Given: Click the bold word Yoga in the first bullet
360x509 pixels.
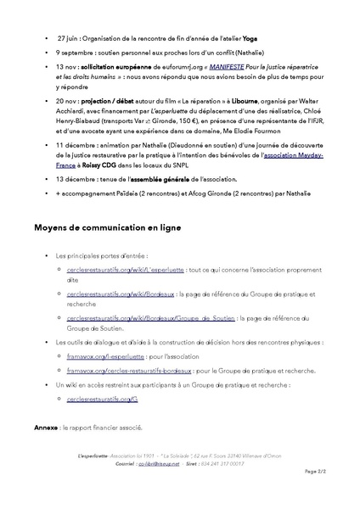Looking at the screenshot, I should point(250,38).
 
